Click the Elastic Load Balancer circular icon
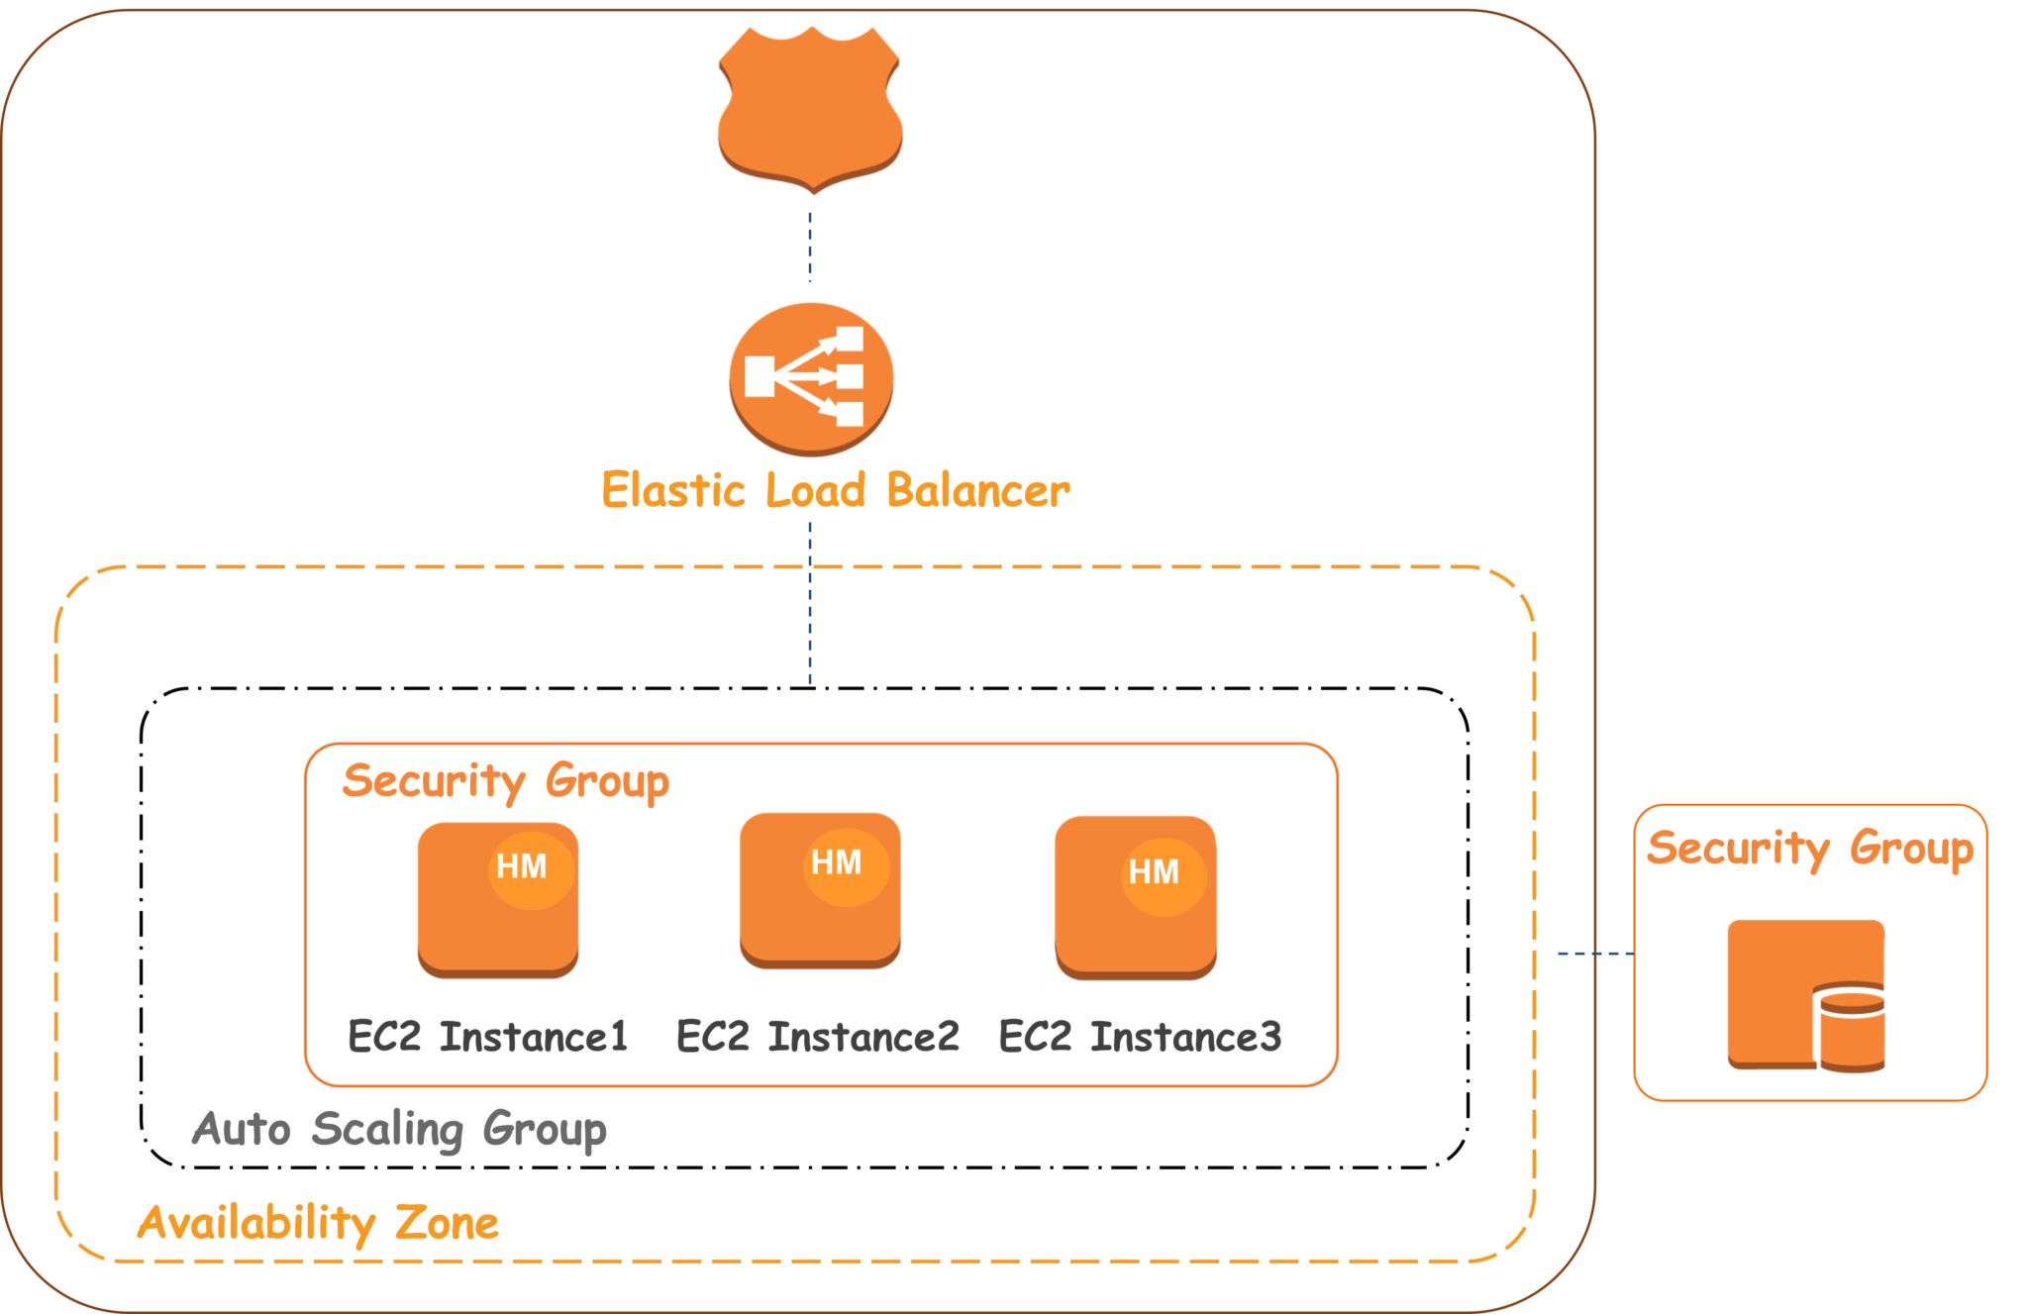click(x=811, y=377)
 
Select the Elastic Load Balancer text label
click(x=835, y=490)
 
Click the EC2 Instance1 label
click(x=488, y=1038)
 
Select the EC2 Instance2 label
click(x=818, y=1038)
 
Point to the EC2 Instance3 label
click(x=1140, y=1038)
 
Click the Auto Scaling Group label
click(x=399, y=1129)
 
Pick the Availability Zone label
click(x=317, y=1223)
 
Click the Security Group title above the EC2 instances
click(x=505, y=781)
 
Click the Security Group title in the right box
click(x=1810, y=849)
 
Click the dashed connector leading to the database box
click(x=1594, y=954)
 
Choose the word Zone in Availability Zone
click(x=447, y=1223)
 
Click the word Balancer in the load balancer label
click(x=978, y=490)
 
